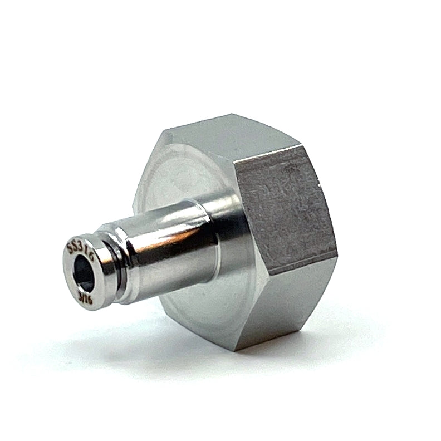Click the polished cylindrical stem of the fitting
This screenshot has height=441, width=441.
167,239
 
